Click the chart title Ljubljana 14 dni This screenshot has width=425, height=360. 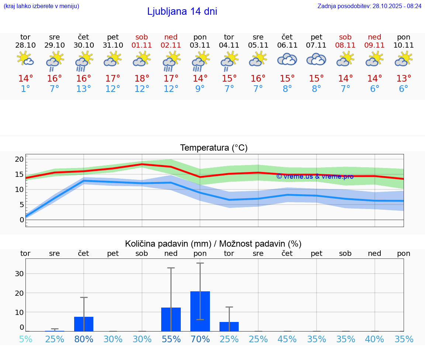pos(182,11)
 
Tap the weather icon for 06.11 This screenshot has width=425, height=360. pos(287,59)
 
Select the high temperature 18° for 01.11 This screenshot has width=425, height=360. pos(142,79)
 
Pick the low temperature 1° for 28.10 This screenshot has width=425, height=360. pos(25,89)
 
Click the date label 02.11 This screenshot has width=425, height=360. pos(171,45)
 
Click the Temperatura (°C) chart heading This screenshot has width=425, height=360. pos(214,148)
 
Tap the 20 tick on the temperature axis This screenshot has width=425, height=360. pos(19,160)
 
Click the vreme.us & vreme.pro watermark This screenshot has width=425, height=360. pos(315,176)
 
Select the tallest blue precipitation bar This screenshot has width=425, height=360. pos(200,311)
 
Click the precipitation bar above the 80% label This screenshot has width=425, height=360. pos(84,324)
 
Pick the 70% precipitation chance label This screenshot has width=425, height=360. pos(200,339)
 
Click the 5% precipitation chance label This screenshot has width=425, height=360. pos(25,339)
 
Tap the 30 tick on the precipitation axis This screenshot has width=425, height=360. pos(19,274)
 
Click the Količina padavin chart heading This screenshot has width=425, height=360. pos(213,244)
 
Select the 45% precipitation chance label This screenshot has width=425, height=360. pos(287,339)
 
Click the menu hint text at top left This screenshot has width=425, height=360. pos(41,6)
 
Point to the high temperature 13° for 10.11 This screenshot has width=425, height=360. pos(404,79)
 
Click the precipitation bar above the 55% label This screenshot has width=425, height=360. pos(171,319)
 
